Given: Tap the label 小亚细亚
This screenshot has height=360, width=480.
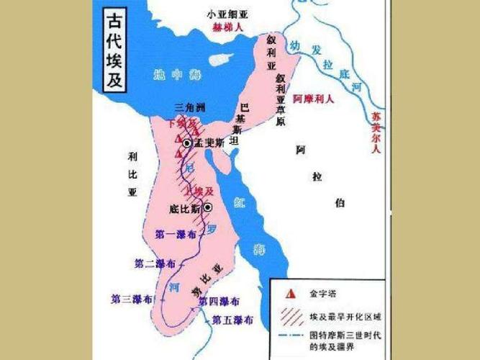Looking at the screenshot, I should click(x=228, y=14).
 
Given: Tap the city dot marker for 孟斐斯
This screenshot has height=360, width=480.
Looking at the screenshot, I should click(x=186, y=143).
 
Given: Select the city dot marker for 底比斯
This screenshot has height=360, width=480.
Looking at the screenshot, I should click(x=207, y=207).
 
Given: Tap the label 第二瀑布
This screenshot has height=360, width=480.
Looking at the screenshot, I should click(x=154, y=264).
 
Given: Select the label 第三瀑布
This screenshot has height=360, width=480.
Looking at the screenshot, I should click(x=131, y=297).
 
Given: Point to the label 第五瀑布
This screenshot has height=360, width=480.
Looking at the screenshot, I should click(x=232, y=320).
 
